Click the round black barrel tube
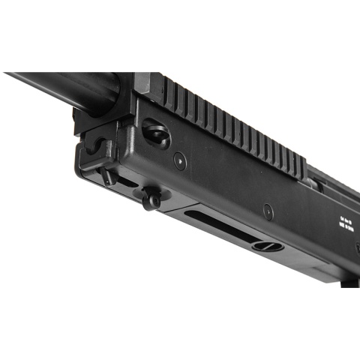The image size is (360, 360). pos(67,89)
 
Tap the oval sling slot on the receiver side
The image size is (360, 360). pos(156,133)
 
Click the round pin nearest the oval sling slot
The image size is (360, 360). pos(179,160)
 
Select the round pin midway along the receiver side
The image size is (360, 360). pos(268,211)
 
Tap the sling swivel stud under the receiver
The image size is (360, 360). pos(151,199)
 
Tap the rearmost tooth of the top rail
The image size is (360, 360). pos(301,166)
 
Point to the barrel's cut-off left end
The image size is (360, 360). pos(9,75)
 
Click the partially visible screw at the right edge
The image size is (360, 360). pos(357,247)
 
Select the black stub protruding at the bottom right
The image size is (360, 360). pos(348,281)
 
